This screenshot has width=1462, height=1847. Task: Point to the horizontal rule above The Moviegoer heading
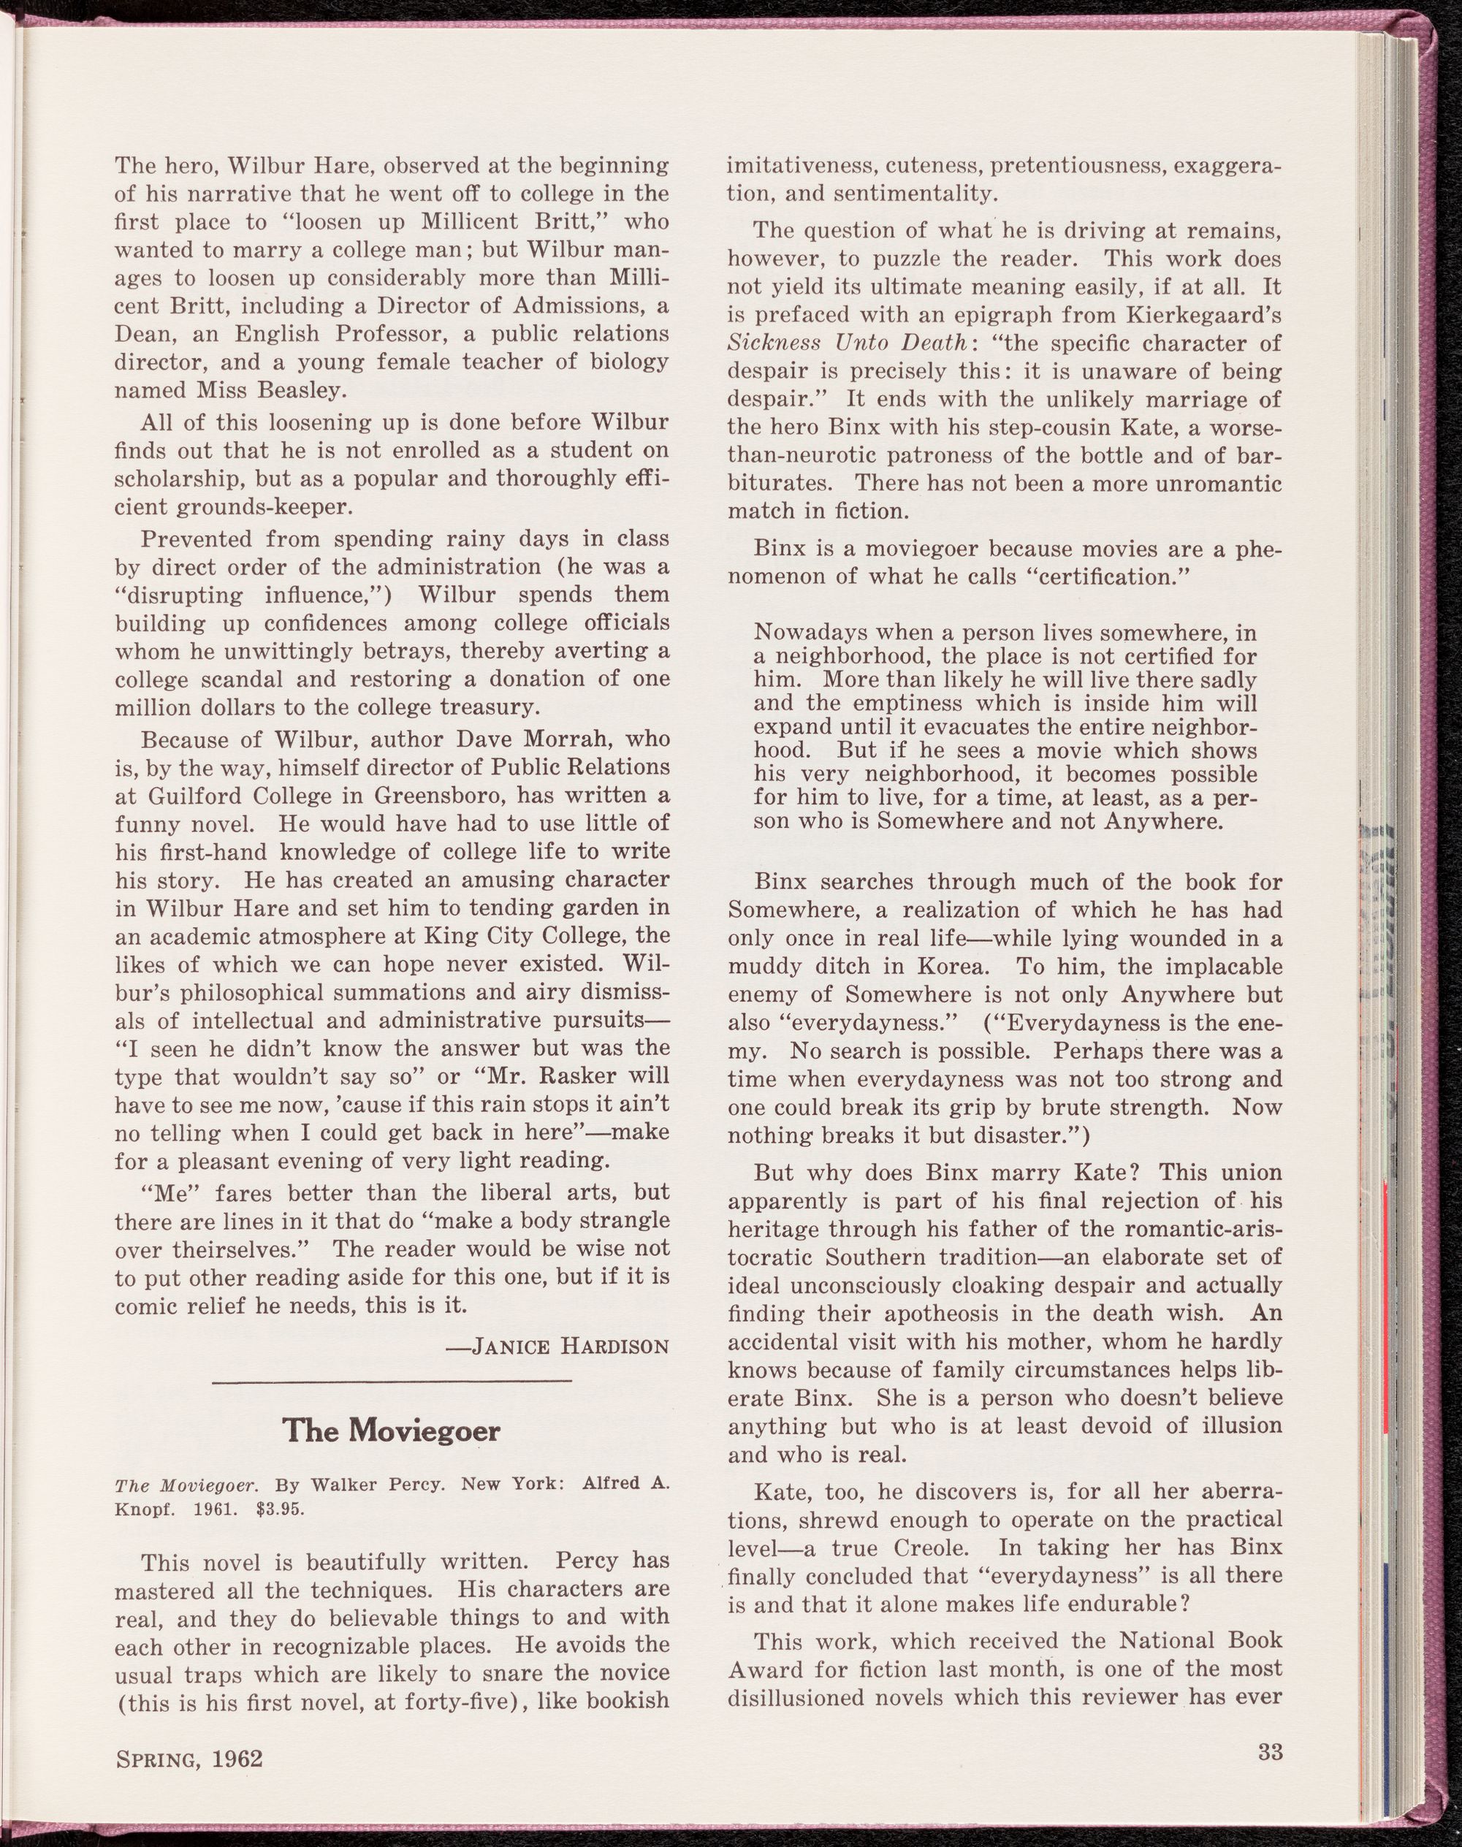(391, 1382)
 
